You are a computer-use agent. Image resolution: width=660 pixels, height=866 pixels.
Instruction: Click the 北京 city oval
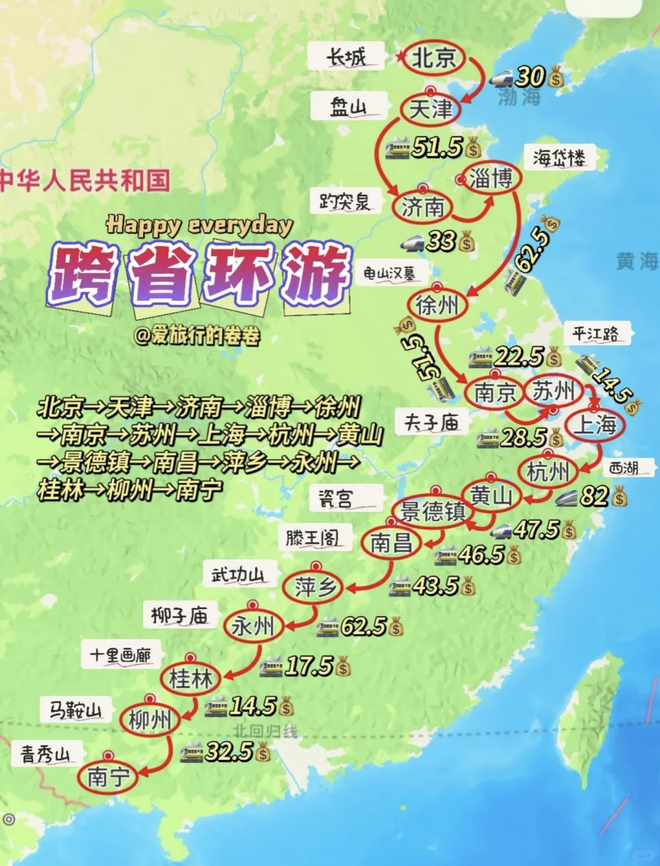click(434, 58)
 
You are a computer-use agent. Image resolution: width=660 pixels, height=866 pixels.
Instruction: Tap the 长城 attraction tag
click(346, 57)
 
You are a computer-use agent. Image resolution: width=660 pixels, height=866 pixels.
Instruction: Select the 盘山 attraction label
click(348, 107)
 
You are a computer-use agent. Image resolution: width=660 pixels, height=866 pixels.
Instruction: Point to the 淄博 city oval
click(491, 178)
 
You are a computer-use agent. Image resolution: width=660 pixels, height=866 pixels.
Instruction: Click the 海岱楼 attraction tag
click(559, 158)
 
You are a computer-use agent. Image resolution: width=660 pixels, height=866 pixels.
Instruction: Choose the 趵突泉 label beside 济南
click(345, 201)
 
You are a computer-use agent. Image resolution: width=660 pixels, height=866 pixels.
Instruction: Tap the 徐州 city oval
click(437, 304)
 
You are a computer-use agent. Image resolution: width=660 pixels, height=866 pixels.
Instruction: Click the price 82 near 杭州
click(594, 496)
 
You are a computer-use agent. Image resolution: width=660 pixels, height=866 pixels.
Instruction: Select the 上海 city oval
click(595, 424)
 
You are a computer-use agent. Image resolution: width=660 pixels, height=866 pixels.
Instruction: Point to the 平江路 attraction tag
click(596, 334)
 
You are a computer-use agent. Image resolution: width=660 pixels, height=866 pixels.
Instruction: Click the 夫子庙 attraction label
click(431, 422)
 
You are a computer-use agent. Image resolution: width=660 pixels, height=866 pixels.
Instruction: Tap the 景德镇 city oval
click(433, 511)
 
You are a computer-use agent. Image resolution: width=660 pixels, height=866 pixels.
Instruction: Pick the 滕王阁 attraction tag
click(312, 538)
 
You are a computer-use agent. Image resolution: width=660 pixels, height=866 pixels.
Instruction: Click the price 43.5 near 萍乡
click(435, 585)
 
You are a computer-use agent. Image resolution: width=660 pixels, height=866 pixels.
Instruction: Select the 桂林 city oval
click(191, 678)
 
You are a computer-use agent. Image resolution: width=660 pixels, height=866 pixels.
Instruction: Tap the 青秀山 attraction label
click(46, 754)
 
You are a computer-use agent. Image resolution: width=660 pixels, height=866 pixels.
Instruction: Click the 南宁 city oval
click(108, 777)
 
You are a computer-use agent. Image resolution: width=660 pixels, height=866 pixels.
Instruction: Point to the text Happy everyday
click(199, 225)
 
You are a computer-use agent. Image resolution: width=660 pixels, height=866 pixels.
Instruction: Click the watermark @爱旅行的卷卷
click(197, 335)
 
